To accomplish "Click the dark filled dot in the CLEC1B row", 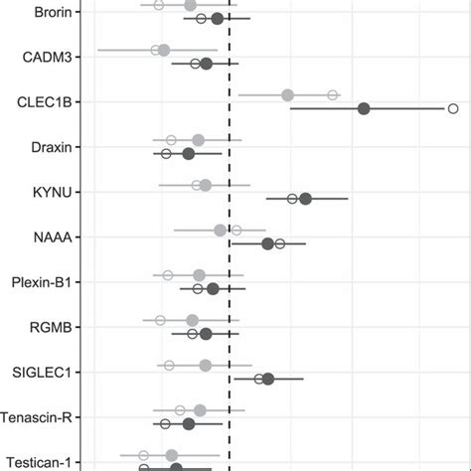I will click(364, 108).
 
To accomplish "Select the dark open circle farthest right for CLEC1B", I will click(453, 108).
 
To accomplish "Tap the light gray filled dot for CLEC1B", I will click(287, 95).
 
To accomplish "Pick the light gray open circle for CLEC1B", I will click(333, 95).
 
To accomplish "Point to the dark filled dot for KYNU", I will click(306, 199).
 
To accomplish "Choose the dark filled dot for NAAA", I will click(267, 243).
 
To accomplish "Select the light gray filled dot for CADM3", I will click(164, 50).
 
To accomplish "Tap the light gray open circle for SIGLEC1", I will click(168, 366).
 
